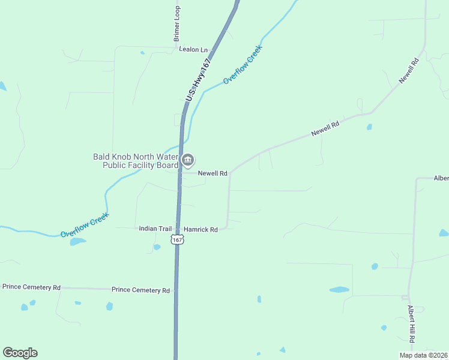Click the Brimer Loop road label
(x=177, y=23)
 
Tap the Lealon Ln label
(x=193, y=49)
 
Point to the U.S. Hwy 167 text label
(x=199, y=79)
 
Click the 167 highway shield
(x=176, y=239)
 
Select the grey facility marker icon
(x=188, y=160)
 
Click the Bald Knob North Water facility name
(x=136, y=161)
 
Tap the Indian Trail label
(x=155, y=229)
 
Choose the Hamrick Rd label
(x=200, y=229)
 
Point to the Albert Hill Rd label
(x=411, y=324)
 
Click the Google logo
(x=20, y=353)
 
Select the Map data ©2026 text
(x=423, y=355)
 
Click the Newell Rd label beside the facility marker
(x=212, y=173)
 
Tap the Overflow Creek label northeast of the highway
(x=243, y=64)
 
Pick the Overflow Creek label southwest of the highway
(x=85, y=224)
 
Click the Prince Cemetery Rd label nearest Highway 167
(x=140, y=290)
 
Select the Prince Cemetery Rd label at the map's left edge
(x=31, y=287)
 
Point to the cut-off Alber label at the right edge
(x=441, y=178)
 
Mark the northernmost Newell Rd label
(x=408, y=71)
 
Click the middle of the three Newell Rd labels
(x=325, y=128)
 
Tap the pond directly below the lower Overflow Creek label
(x=77, y=242)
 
